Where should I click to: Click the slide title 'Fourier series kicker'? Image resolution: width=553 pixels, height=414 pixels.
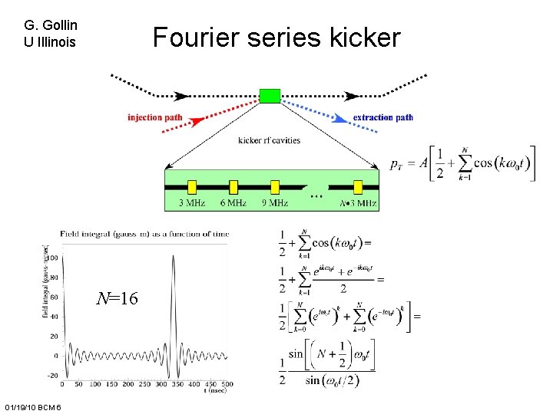pyautogui.click(x=276, y=37)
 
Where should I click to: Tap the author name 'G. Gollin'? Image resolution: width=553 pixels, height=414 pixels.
pyautogui.click(x=51, y=25)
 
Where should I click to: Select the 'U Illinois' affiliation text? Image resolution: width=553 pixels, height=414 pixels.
pyautogui.click(x=51, y=42)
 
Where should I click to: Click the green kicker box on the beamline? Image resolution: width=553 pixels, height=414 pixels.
pyautogui.click(x=270, y=96)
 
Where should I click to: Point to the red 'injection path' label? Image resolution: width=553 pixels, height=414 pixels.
pyautogui.click(x=155, y=117)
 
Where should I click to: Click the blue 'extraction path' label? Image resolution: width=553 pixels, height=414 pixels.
pyautogui.click(x=382, y=117)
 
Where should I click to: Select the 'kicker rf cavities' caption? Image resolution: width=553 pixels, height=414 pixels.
pyautogui.click(x=269, y=140)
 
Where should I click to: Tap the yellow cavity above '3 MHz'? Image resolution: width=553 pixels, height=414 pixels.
pyautogui.click(x=192, y=186)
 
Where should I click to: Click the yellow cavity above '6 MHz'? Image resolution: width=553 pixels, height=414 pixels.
pyautogui.click(x=233, y=186)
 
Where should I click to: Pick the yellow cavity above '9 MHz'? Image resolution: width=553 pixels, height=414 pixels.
pyautogui.click(x=275, y=186)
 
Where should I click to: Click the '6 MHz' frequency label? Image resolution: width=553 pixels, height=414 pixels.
pyautogui.click(x=233, y=203)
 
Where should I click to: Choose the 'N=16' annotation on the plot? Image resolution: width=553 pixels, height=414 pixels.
pyautogui.click(x=117, y=299)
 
